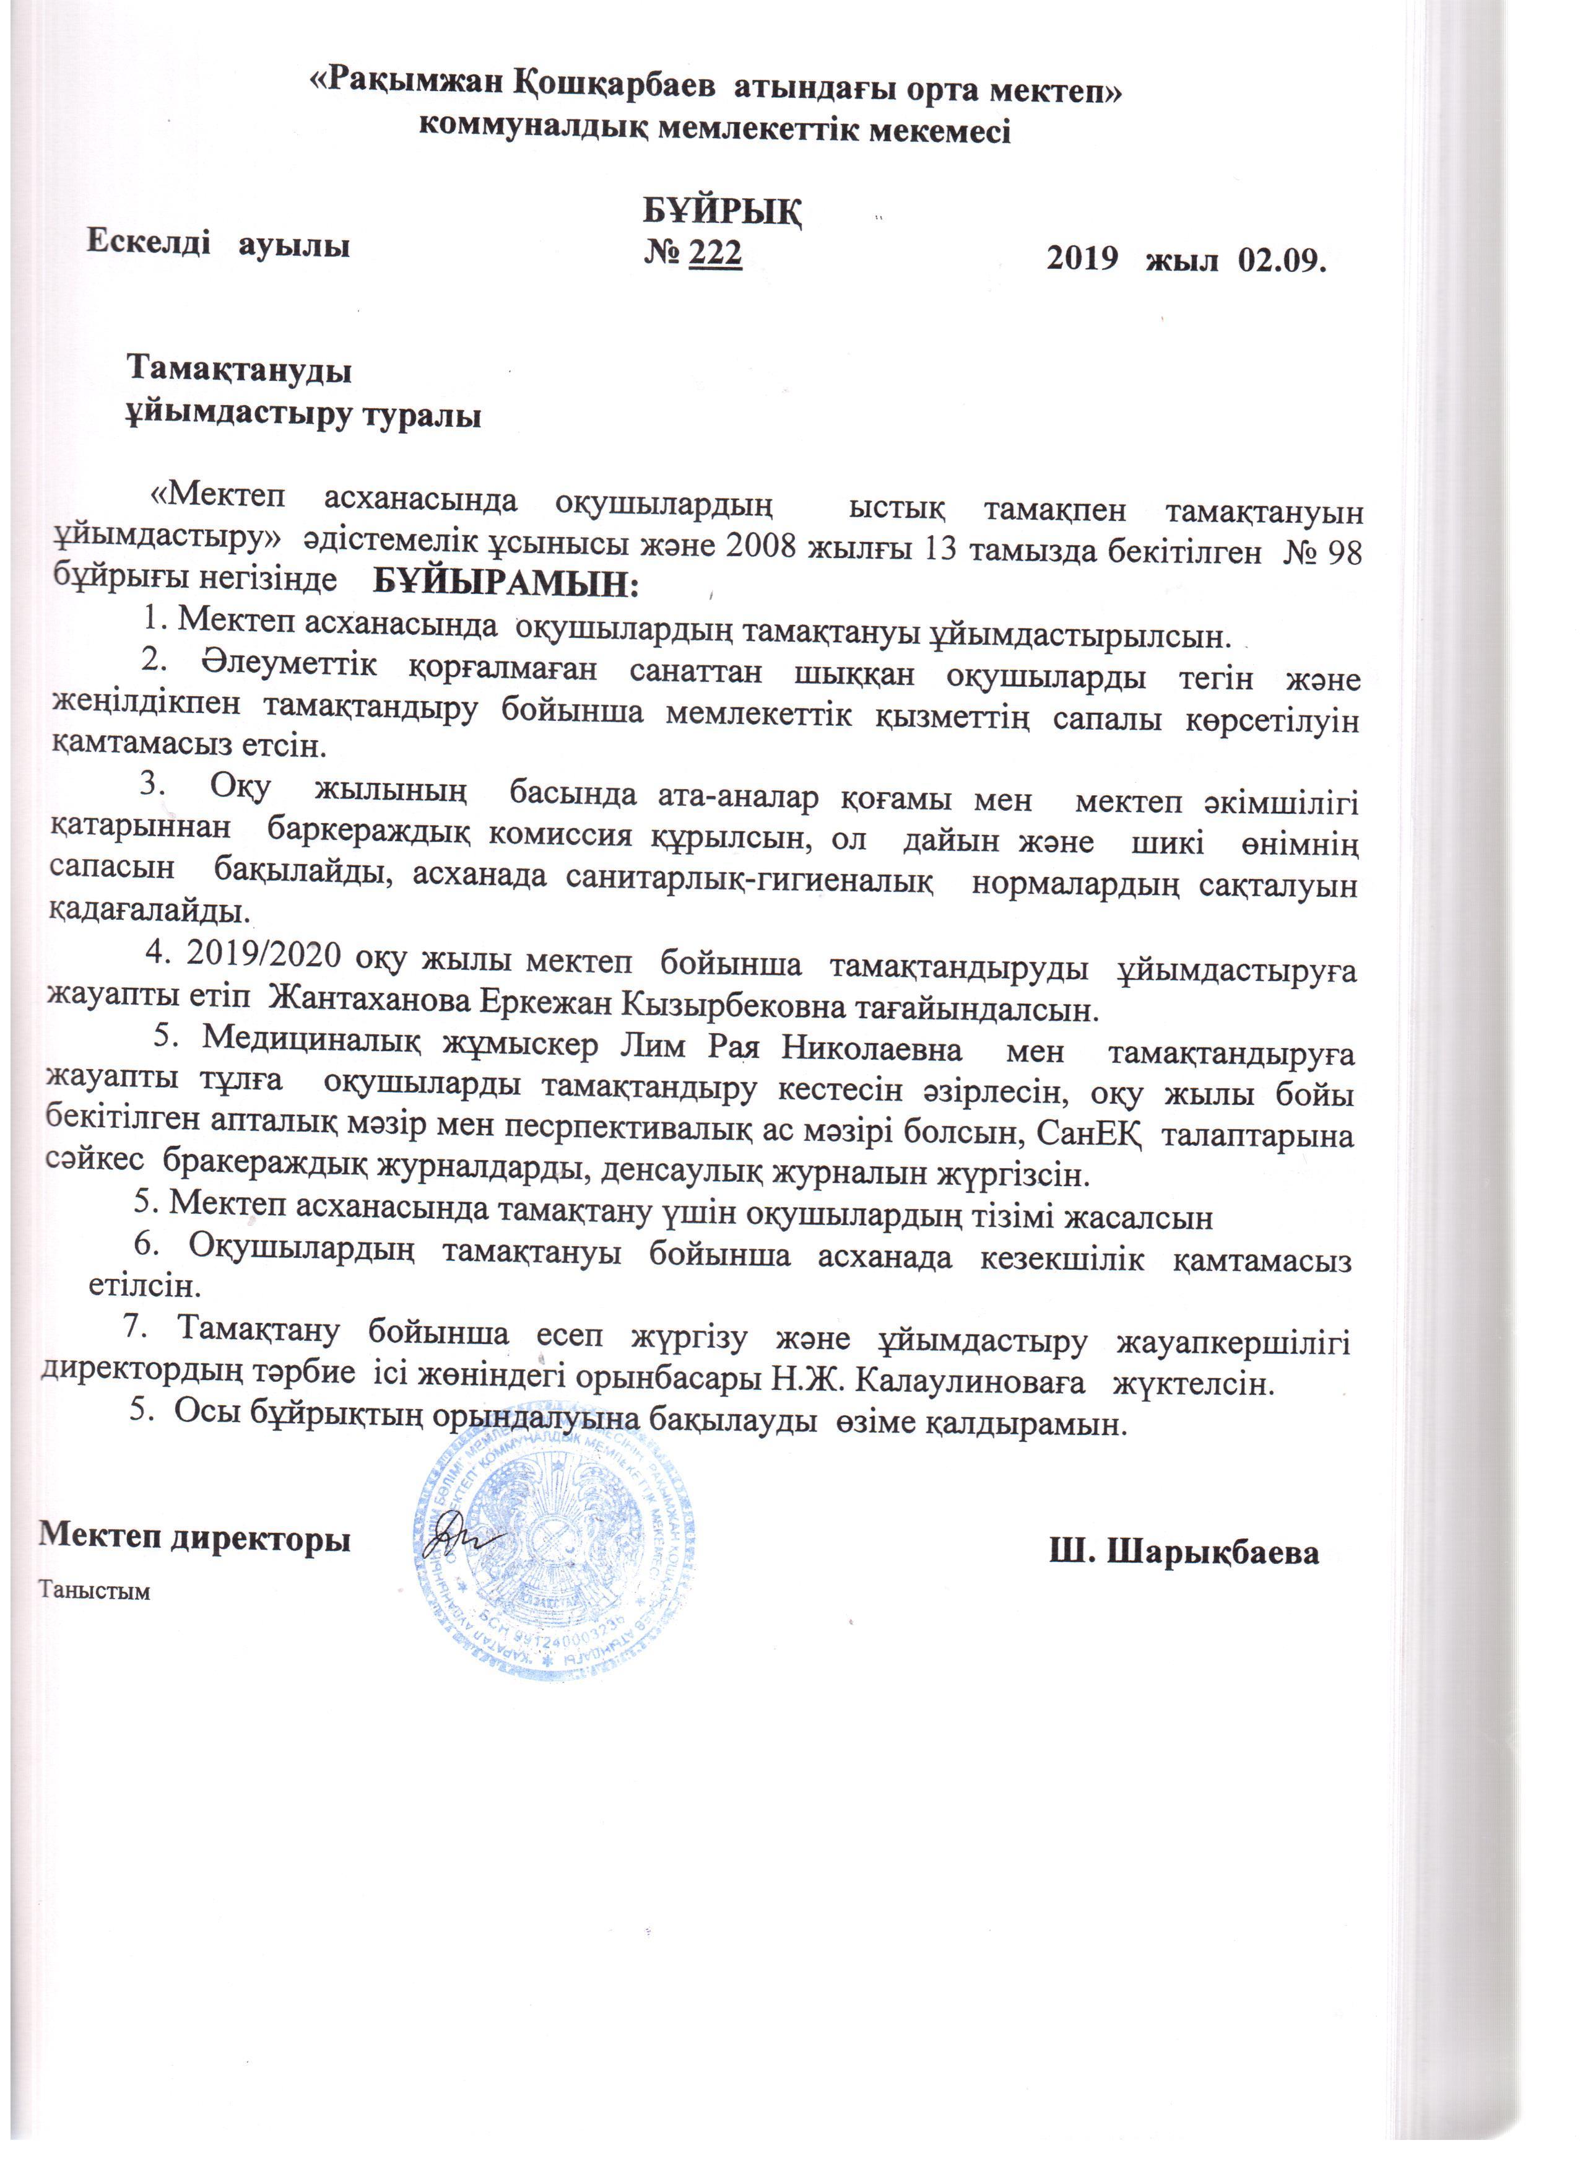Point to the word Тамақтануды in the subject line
[240, 370]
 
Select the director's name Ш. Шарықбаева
[1184, 1553]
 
